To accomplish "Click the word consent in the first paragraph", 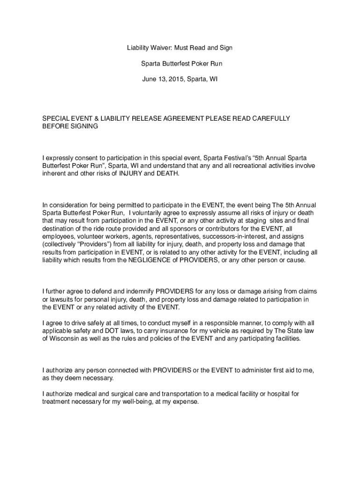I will click(x=88, y=158).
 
